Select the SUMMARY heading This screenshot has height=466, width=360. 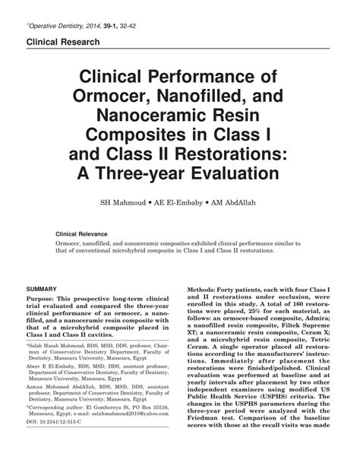pyautogui.click(x=43, y=290)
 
